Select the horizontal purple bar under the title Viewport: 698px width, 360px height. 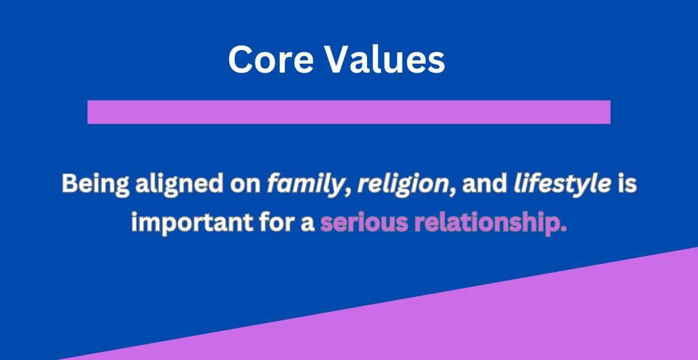tap(348, 112)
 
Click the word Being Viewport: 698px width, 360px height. tap(95, 184)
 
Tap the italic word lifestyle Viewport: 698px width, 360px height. tap(562, 184)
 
